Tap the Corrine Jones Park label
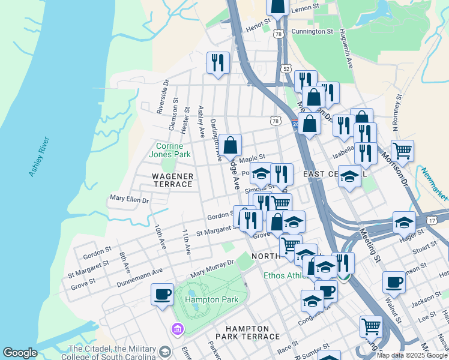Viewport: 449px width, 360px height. [173, 150]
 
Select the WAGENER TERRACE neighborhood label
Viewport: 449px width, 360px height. [172, 181]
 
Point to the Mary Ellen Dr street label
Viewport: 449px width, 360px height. [129, 198]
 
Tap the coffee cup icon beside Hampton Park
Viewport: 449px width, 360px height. [162, 295]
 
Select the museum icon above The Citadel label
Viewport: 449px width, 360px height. [177, 329]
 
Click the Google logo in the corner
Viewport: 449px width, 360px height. [20, 353]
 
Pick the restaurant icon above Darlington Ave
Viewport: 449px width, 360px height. [218, 62]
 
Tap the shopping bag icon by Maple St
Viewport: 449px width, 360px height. [230, 145]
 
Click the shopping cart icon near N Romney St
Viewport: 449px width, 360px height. [402, 150]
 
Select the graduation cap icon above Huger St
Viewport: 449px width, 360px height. [404, 221]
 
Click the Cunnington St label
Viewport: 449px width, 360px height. [312, 31]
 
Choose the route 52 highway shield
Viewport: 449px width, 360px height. [286, 69]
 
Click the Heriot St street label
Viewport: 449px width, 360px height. [259, 26]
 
